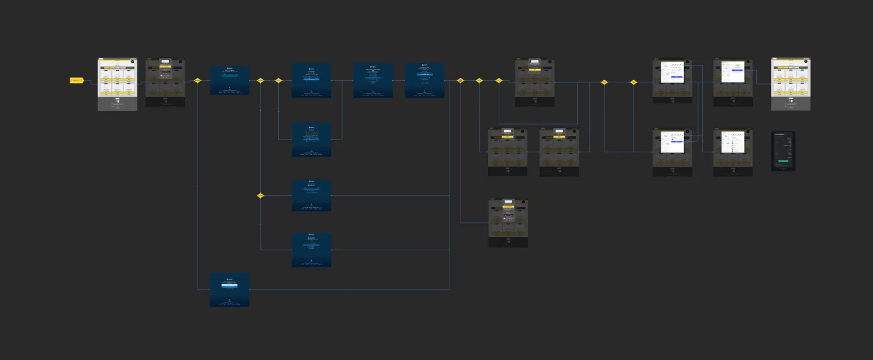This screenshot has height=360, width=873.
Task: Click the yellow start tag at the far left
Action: (x=76, y=80)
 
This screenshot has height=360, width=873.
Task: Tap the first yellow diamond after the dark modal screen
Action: (x=198, y=80)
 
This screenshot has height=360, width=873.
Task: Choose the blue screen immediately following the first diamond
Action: (x=230, y=81)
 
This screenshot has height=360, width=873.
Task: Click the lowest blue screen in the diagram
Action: (x=230, y=290)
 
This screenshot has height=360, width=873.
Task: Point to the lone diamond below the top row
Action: (x=260, y=195)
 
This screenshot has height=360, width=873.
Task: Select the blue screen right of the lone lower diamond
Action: (x=312, y=195)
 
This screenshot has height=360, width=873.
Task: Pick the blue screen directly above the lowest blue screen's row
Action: (x=312, y=250)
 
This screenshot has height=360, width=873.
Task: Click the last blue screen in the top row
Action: (x=424, y=80)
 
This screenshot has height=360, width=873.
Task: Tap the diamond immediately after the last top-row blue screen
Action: (x=460, y=80)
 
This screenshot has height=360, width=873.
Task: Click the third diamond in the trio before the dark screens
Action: (x=499, y=80)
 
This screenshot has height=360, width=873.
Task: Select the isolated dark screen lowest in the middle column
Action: (x=508, y=223)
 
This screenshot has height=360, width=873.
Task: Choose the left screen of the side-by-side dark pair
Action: (x=507, y=152)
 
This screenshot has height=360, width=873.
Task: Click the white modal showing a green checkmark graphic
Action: (x=733, y=72)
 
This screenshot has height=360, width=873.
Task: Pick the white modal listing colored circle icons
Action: (x=733, y=142)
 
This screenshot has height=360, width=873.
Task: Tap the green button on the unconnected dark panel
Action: (x=783, y=161)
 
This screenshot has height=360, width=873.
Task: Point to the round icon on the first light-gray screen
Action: (x=133, y=62)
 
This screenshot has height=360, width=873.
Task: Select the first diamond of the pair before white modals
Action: (x=604, y=82)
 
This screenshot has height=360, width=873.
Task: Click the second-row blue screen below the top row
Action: (x=312, y=140)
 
